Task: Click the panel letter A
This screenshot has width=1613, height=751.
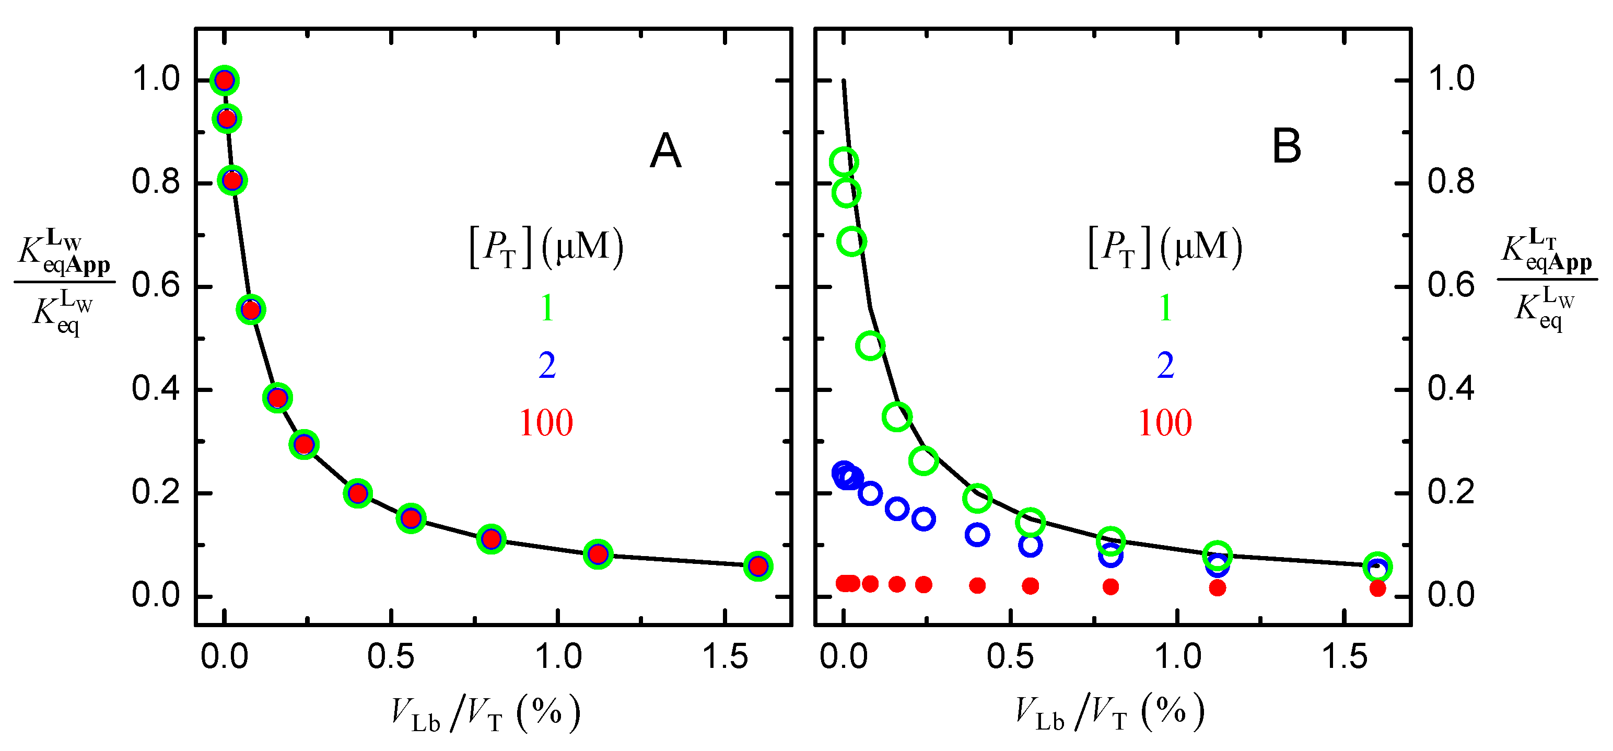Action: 665,151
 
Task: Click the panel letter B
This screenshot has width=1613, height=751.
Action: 1287,147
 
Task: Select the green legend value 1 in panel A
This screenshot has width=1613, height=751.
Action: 547,308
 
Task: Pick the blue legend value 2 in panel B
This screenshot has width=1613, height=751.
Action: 1165,366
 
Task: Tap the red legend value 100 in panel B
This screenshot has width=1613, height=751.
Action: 1165,423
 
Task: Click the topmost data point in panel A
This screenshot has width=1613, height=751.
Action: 225,80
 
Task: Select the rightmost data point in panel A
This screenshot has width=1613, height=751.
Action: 757,566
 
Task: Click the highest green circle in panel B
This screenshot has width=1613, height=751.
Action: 844,162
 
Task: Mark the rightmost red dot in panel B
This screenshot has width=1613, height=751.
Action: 1377,588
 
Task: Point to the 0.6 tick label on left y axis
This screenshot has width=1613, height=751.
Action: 155,286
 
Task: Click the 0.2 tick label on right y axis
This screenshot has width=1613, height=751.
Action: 1451,492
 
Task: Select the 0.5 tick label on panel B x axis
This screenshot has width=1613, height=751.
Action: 1010,657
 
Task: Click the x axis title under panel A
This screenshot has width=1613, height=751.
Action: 485,714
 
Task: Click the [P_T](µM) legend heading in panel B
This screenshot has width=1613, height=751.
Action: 1165,247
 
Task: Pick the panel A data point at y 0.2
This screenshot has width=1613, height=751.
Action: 357,493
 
